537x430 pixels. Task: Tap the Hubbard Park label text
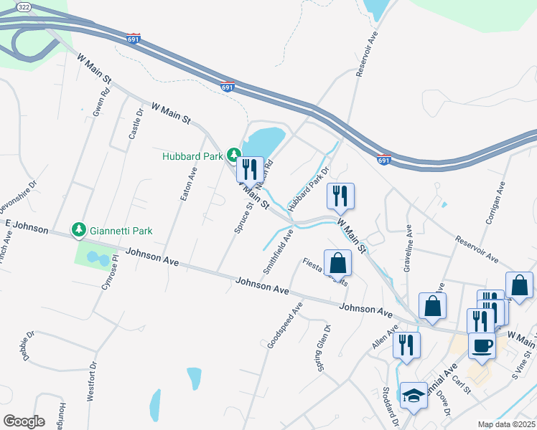point(193,156)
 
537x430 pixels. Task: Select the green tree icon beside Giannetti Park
point(78,230)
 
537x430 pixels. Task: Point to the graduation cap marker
point(413,396)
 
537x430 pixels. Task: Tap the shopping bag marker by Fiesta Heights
point(338,264)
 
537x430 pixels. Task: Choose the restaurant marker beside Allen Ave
point(407,345)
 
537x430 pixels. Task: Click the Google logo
point(24,421)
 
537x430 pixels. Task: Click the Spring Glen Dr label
point(322,349)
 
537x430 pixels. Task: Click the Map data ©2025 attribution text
point(506,424)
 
